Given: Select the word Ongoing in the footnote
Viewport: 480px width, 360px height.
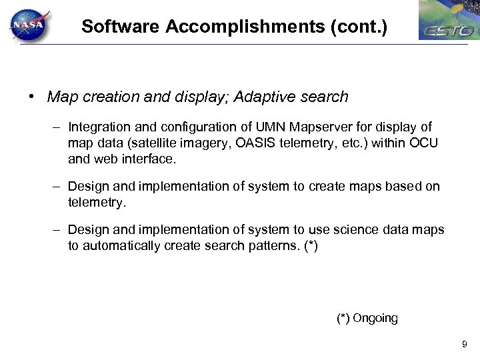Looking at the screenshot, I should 375,318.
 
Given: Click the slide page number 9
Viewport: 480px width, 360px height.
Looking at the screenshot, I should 465,345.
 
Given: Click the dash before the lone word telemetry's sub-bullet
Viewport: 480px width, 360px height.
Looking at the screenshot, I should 58,187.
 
